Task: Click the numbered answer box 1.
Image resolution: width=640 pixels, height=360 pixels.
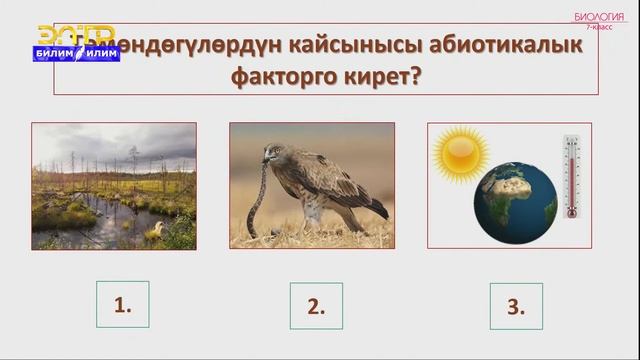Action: (x=122, y=305)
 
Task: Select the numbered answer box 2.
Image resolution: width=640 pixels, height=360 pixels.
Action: (x=316, y=306)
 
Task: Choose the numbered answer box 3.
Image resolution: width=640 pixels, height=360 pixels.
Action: (x=516, y=306)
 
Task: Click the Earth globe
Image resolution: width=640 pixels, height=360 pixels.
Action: (x=517, y=204)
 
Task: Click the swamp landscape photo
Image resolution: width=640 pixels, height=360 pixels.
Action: (x=113, y=185)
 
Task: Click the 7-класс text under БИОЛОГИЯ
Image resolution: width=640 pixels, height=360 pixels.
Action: (x=600, y=27)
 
